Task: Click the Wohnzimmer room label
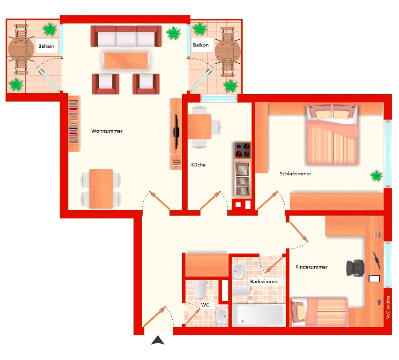click(x=107, y=131)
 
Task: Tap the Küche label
click(x=198, y=165)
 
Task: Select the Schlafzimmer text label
click(x=295, y=174)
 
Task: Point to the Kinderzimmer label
click(x=311, y=267)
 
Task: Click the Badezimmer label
click(x=265, y=281)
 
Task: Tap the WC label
click(x=205, y=305)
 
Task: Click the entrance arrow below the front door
click(x=158, y=340)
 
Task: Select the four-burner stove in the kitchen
click(x=243, y=150)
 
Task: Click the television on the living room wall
click(x=176, y=132)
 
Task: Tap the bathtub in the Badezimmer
click(x=259, y=315)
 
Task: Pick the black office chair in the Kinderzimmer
click(x=355, y=268)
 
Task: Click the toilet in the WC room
click(x=200, y=289)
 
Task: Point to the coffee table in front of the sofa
click(x=126, y=60)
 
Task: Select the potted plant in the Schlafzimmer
click(x=376, y=176)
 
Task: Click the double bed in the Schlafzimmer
click(x=332, y=134)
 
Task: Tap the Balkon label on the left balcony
click(x=46, y=46)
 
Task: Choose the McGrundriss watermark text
click(x=388, y=307)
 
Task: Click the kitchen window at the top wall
click(x=219, y=98)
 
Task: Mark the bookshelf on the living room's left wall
click(x=74, y=124)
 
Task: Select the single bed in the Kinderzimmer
click(x=319, y=312)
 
